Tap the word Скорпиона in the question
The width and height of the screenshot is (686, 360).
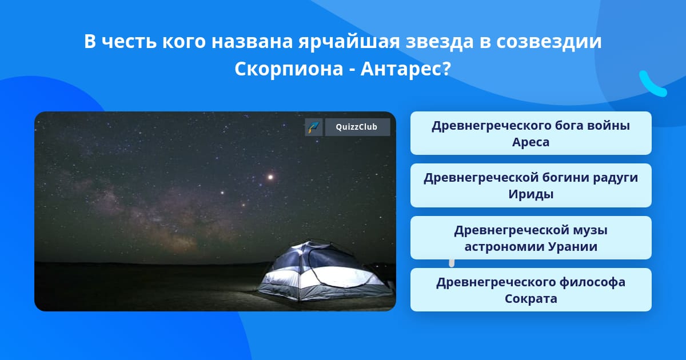pos(289,69)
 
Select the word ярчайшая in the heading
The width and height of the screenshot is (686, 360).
pos(349,42)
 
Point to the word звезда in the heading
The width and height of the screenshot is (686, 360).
pos(440,41)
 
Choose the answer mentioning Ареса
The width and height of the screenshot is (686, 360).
pos(531,133)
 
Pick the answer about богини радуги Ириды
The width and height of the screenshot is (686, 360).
pos(531,186)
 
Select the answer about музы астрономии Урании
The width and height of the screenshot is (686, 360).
pos(531,238)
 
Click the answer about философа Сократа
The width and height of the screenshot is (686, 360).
pos(531,290)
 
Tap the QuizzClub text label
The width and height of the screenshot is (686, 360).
pos(357,127)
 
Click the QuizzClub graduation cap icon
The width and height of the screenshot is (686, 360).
pos(314,127)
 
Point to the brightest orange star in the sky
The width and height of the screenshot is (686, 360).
pos(270,177)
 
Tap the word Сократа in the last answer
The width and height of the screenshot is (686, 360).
pos(531,298)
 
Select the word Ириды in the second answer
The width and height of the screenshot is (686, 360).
pos(531,194)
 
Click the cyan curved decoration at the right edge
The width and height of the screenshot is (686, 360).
pos(652,84)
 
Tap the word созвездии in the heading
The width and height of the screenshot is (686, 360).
pos(549,41)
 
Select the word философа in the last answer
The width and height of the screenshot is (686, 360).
pos(592,282)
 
